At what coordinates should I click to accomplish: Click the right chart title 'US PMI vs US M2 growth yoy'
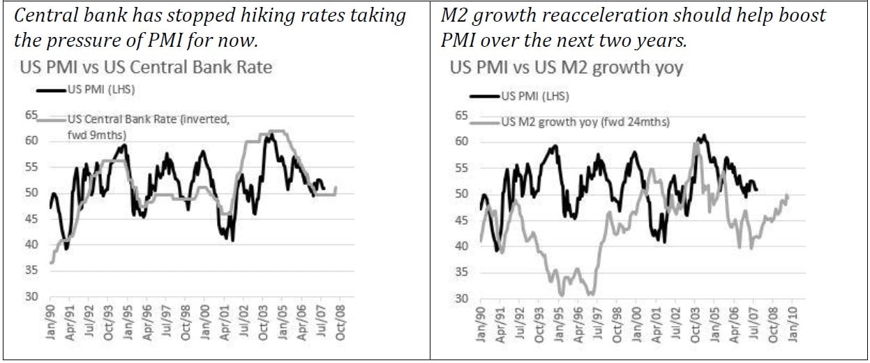click(567, 68)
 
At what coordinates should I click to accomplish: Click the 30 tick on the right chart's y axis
click(463, 298)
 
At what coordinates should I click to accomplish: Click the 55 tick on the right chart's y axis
click(463, 167)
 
